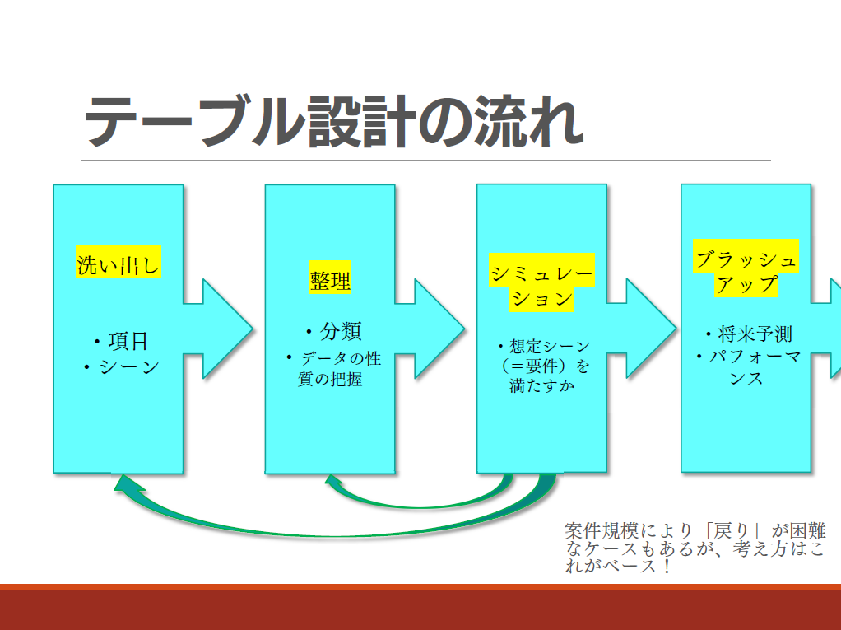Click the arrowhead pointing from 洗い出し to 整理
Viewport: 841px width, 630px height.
227,329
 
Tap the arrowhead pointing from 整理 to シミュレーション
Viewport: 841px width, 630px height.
439,329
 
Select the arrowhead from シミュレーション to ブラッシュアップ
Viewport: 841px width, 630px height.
651,329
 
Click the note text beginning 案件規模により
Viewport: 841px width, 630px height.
695,548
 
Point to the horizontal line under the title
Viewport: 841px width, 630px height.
426,160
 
